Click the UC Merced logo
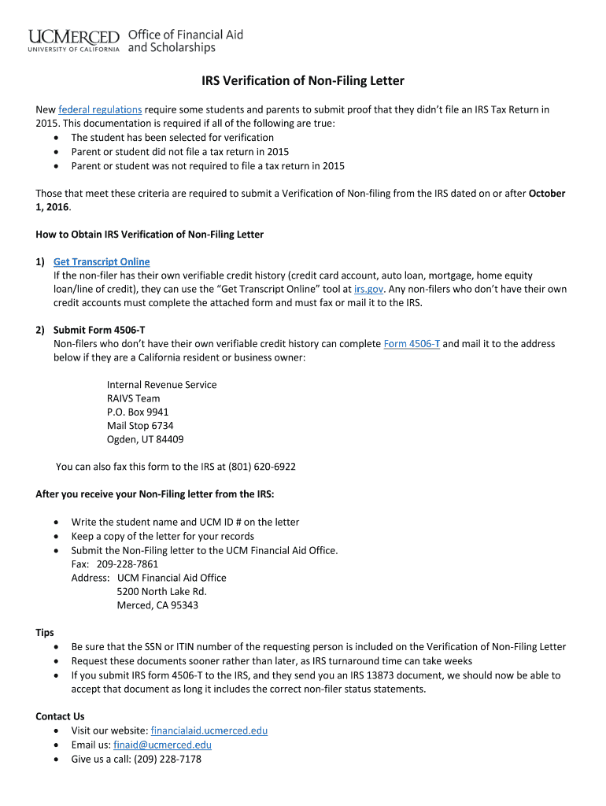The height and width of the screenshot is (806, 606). [x=74, y=40]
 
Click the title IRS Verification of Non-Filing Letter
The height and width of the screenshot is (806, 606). [x=303, y=81]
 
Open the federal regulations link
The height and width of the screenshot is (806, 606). [x=100, y=109]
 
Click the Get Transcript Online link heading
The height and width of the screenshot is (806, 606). [x=102, y=261]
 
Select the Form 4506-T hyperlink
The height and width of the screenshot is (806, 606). [x=412, y=344]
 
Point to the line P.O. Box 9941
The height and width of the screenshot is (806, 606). [x=138, y=412]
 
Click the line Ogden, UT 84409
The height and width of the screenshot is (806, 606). [x=145, y=439]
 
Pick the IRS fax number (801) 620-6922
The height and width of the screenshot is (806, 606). [x=262, y=467]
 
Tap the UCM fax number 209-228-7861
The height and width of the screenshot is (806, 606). [x=127, y=564]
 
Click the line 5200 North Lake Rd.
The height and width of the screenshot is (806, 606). [x=161, y=591]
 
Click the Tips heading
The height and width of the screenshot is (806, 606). [x=45, y=632]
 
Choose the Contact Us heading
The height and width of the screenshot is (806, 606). [x=60, y=716]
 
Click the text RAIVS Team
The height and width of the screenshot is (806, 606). [x=133, y=398]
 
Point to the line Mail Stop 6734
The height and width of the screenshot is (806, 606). [x=140, y=426]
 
